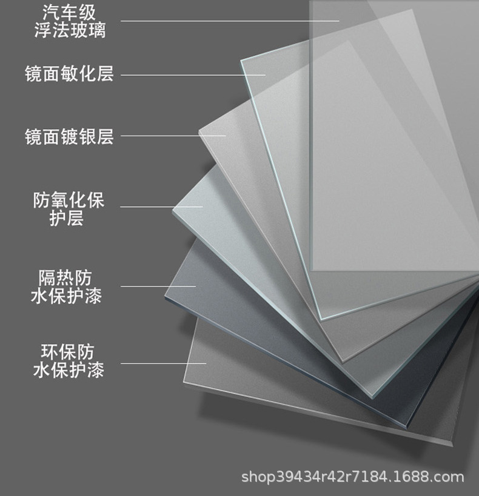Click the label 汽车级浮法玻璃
point(70,21)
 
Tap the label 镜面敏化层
point(69,74)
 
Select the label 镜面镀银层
point(69,136)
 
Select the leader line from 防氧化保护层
point(161,207)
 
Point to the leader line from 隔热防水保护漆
point(158,286)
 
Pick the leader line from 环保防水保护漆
point(163,363)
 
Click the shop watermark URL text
point(352,477)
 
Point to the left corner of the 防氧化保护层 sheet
point(174,209)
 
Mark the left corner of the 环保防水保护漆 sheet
point(184,380)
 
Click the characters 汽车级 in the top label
point(70,12)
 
